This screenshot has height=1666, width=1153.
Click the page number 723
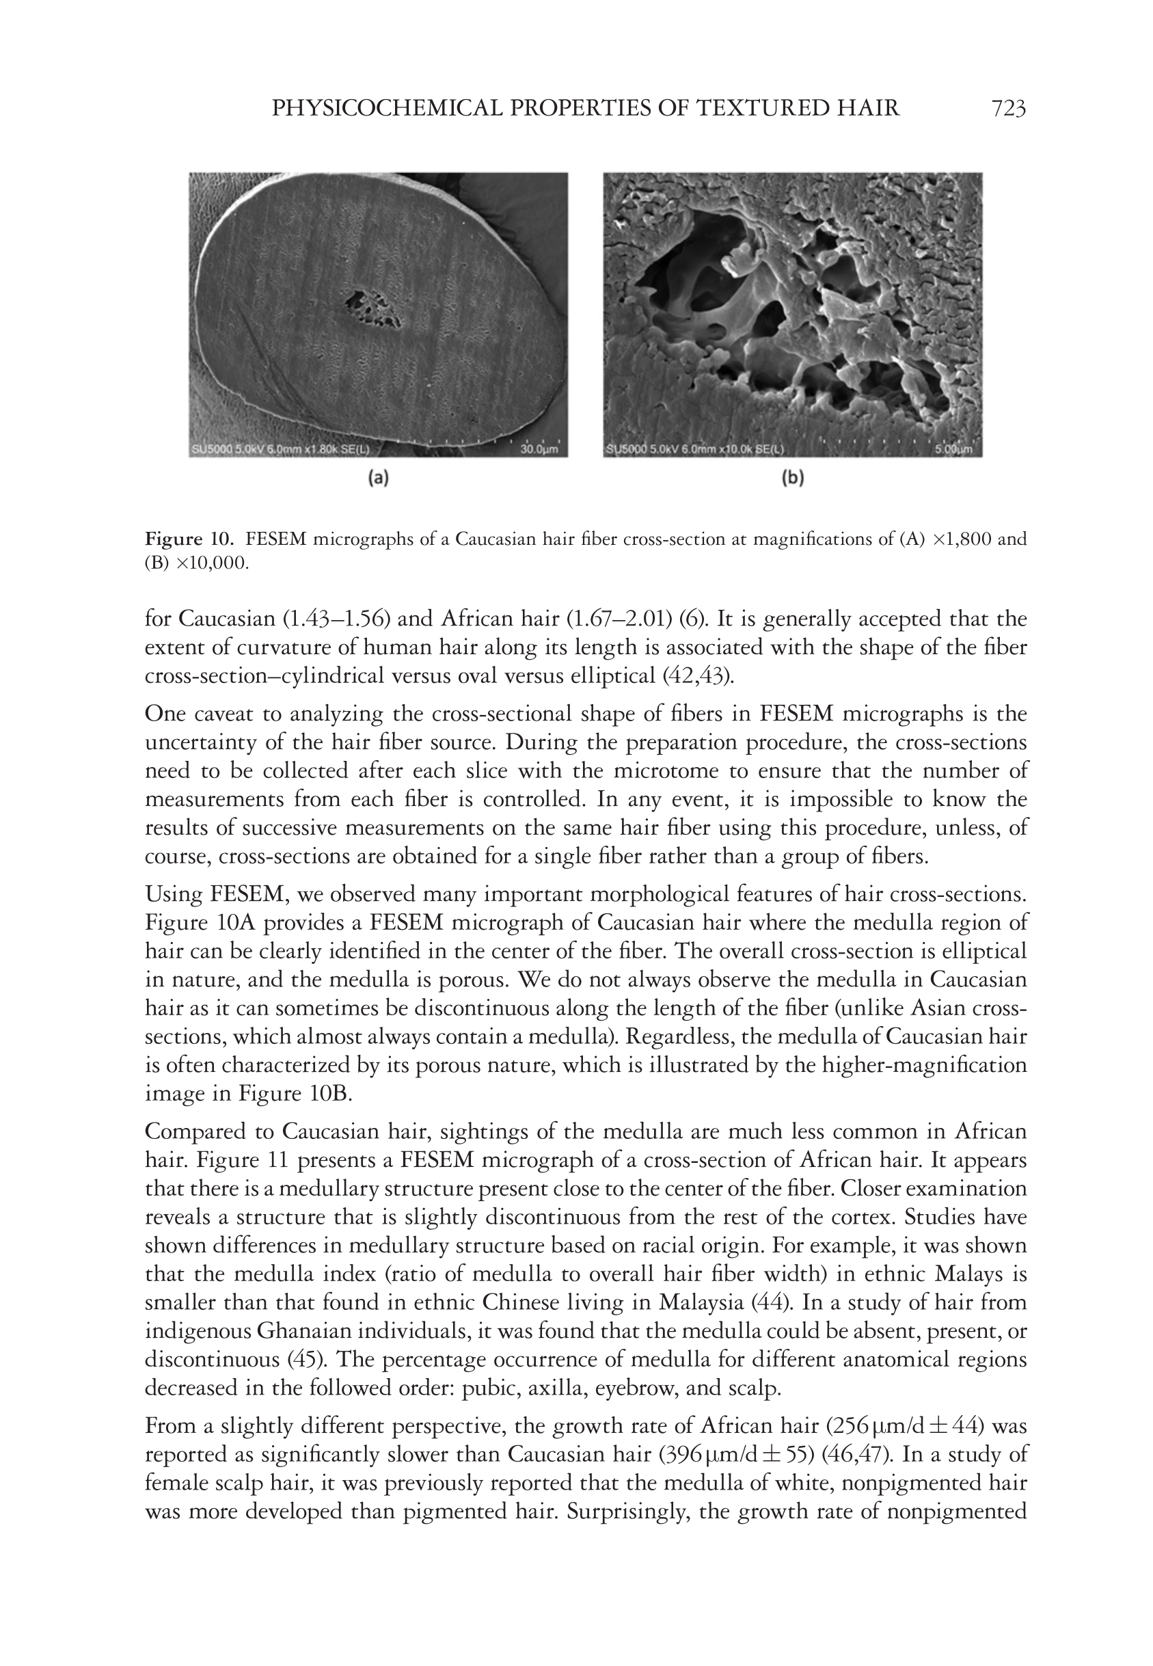tap(1009, 109)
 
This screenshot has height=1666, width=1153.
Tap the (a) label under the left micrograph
tap(379, 478)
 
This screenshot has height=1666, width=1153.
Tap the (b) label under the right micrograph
tap(793, 478)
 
